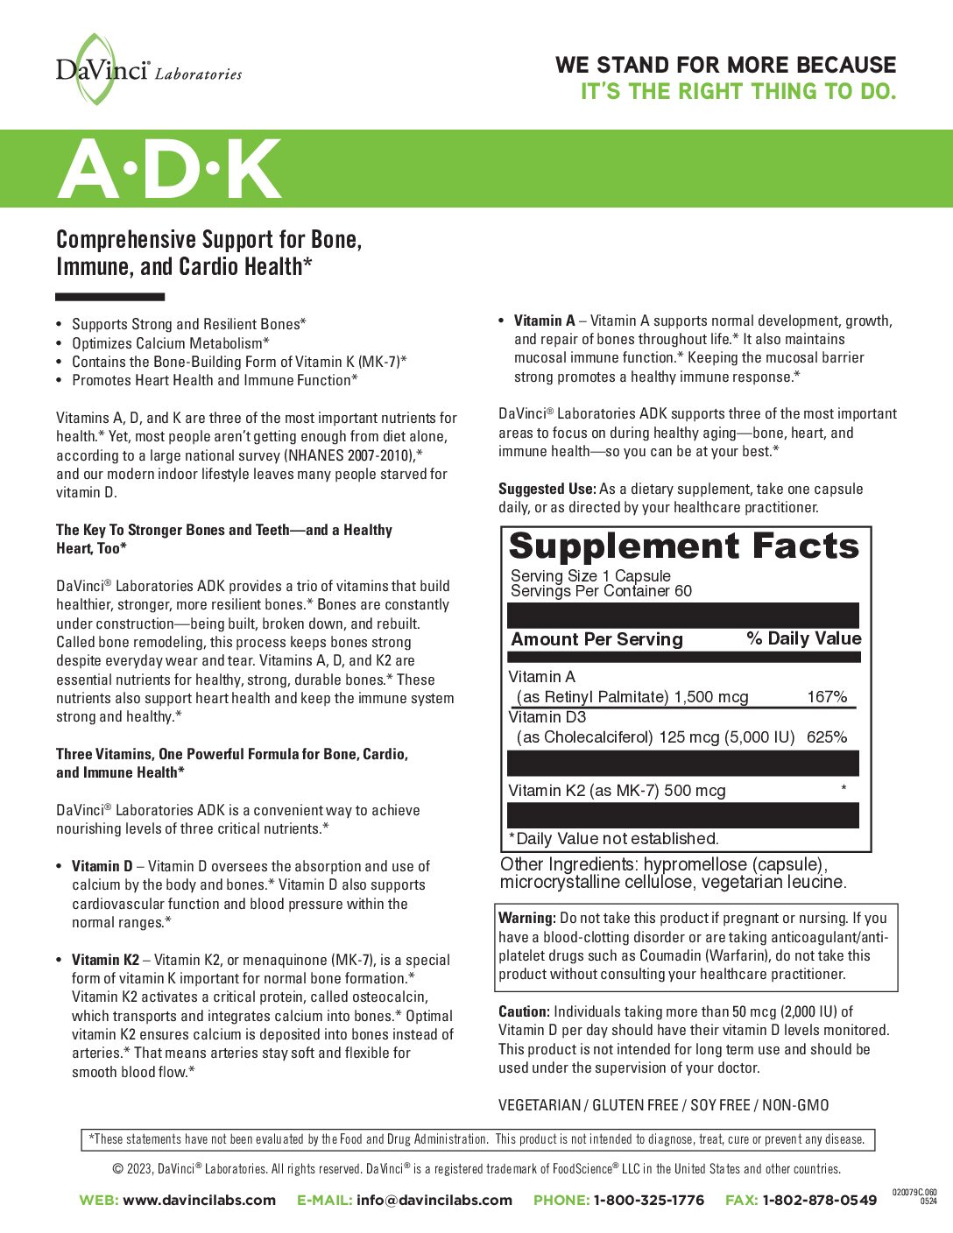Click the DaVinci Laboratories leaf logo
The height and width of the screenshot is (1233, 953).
coord(95,68)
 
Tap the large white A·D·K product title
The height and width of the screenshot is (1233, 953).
coord(170,170)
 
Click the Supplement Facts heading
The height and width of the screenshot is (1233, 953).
coord(684,546)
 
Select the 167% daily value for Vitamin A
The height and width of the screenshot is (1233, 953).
coord(827,697)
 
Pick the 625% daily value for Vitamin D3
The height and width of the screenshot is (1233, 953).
coord(827,737)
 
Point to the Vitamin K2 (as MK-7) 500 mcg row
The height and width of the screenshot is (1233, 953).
coord(617,791)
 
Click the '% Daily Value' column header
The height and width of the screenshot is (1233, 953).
coord(803,638)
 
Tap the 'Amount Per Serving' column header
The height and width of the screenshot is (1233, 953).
coord(597,639)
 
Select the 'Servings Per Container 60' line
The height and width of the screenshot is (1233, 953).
coord(601,591)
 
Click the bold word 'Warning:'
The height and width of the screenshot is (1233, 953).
coord(526,918)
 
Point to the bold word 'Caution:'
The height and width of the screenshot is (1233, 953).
coord(524,1011)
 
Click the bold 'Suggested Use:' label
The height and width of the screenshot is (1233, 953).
coord(547,489)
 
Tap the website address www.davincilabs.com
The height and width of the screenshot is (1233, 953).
coord(199,1200)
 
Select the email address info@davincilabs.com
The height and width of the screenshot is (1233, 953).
coord(434,1200)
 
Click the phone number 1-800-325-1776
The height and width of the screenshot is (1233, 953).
coord(648,1200)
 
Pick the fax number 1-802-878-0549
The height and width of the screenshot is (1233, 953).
coord(819,1200)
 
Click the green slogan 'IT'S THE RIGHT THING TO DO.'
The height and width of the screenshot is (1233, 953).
coord(738,91)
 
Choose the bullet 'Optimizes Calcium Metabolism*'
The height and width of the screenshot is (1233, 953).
coord(170,343)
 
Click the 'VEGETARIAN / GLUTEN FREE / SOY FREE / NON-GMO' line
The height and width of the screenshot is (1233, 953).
coord(663,1105)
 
